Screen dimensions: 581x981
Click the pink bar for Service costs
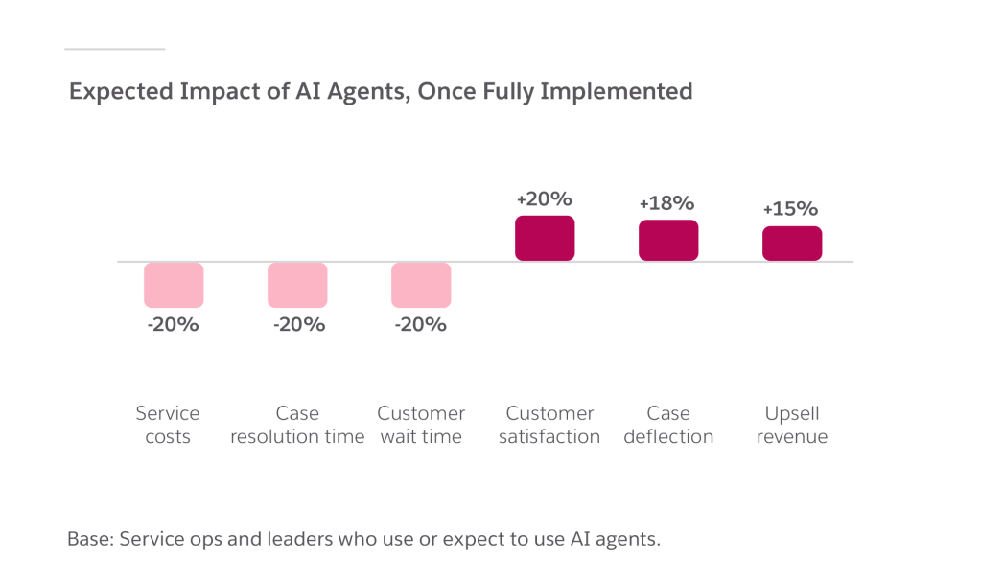(x=174, y=285)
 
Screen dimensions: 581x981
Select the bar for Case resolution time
(x=297, y=285)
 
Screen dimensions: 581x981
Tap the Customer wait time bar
(x=421, y=285)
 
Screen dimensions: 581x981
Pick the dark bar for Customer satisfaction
(x=545, y=238)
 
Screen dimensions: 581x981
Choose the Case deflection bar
(x=668, y=240)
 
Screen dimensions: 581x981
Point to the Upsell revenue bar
(x=792, y=243)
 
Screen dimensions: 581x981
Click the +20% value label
(x=544, y=199)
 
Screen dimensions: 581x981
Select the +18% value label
(x=666, y=203)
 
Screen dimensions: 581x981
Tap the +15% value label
(x=790, y=208)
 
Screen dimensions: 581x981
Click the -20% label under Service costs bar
(x=173, y=324)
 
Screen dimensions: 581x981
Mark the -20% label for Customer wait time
(x=420, y=324)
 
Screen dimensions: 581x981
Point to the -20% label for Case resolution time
(x=298, y=324)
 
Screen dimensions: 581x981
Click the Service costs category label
(x=168, y=425)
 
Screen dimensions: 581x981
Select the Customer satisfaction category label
(x=549, y=425)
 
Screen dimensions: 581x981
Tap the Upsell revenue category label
(x=792, y=425)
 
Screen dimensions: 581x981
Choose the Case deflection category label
(x=668, y=425)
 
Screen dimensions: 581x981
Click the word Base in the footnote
(x=88, y=538)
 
